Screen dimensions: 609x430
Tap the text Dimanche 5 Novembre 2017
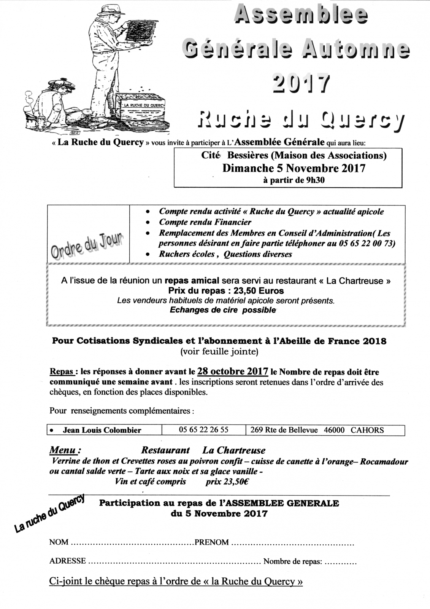[294, 168]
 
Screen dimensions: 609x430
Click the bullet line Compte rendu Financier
[205, 222]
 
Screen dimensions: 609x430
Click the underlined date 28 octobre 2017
[233, 371]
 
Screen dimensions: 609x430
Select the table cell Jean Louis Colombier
[102, 430]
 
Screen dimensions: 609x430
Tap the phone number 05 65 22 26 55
[203, 430]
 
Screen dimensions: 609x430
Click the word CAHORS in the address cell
[367, 430]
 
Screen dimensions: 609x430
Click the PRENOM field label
[212, 542]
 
